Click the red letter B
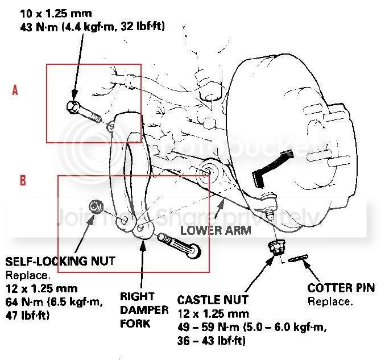[x=23, y=180]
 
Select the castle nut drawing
[x=278, y=248]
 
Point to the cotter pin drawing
[x=298, y=259]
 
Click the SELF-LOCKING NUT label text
[x=60, y=262]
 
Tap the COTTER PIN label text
[x=341, y=288]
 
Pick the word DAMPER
[x=144, y=310]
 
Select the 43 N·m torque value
[x=39, y=26]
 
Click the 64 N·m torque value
[x=23, y=301]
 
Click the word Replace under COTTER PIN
[x=330, y=301]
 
